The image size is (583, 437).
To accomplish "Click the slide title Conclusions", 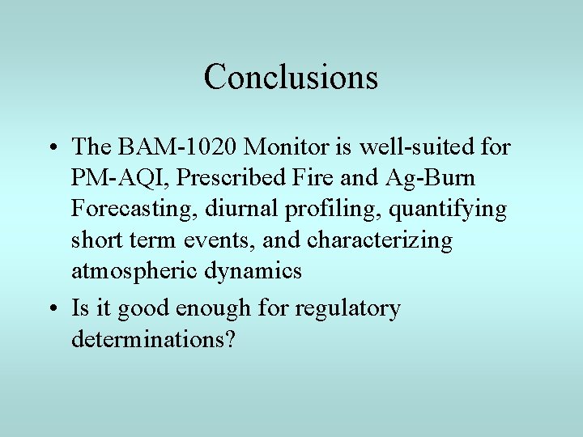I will click(x=291, y=77).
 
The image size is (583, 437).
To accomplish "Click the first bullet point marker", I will click(x=52, y=147).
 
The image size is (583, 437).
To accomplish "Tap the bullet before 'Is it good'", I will click(x=52, y=309).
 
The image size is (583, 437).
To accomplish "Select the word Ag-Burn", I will click(x=432, y=178).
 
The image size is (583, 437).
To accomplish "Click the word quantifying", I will click(x=448, y=209).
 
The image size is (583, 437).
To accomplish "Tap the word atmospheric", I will click(x=133, y=271).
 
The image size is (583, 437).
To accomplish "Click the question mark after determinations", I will click(x=230, y=339).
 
